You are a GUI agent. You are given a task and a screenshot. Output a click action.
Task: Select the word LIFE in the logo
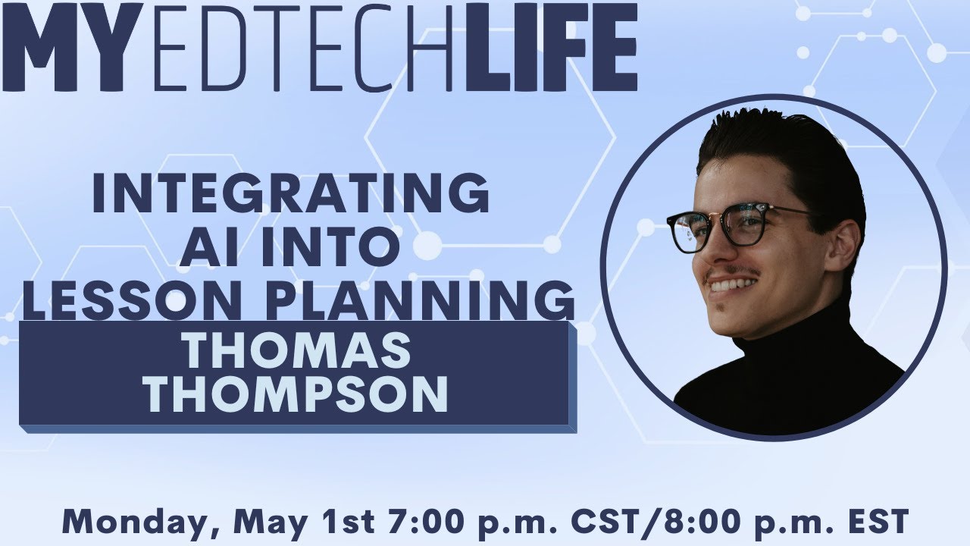tap(550, 47)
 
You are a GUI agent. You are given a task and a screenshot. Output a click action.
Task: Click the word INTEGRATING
tap(290, 193)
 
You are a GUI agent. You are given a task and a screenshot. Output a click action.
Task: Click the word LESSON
tap(136, 300)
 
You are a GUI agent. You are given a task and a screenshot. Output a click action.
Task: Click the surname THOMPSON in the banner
tap(296, 395)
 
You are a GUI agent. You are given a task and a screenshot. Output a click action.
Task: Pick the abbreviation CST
tap(596, 521)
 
